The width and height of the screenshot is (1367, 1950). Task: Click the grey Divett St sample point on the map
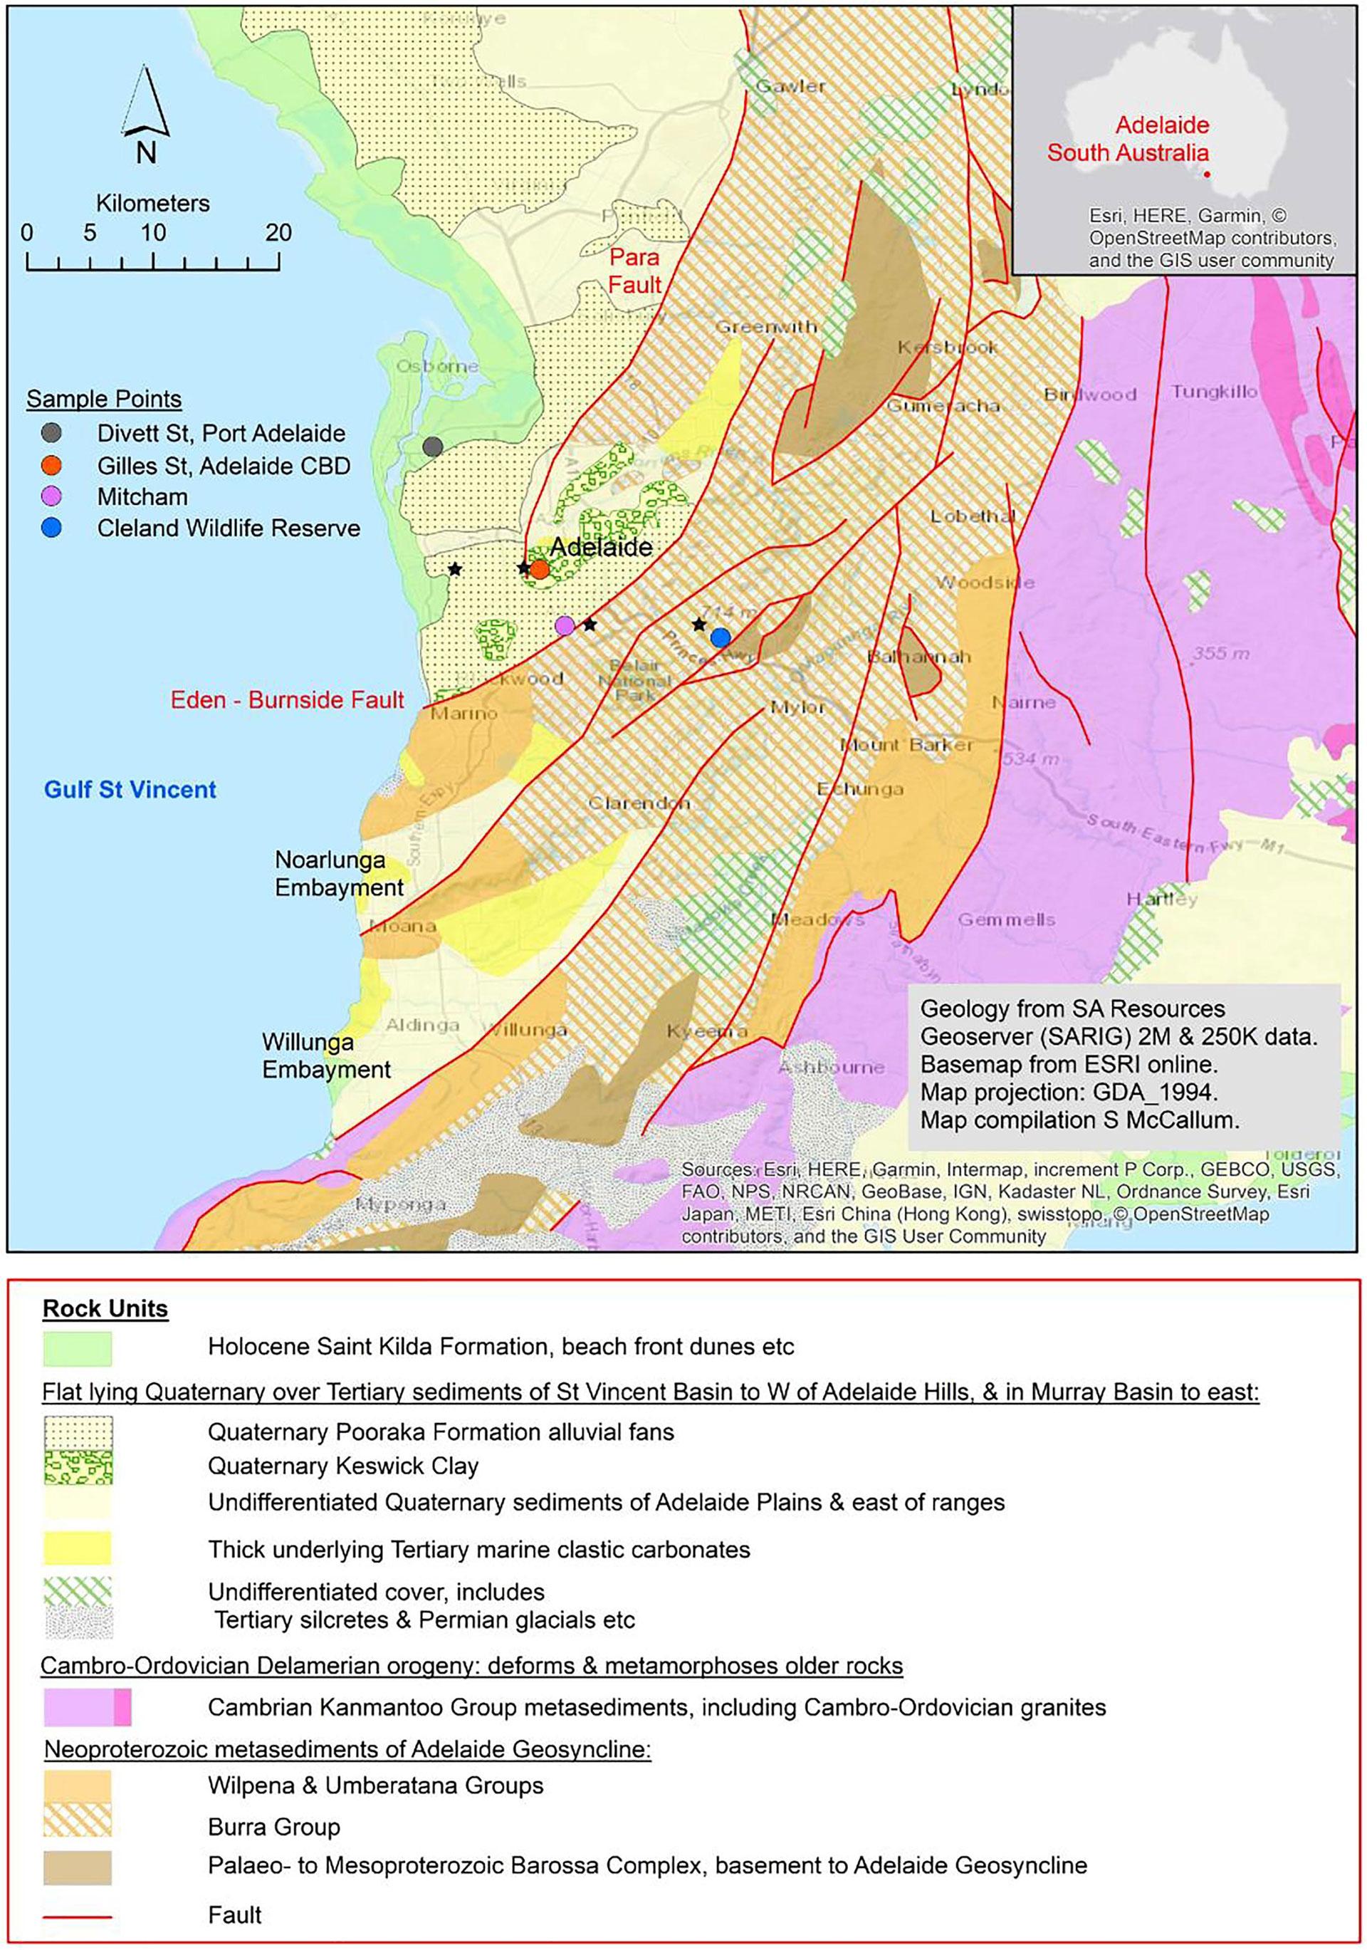click(x=433, y=447)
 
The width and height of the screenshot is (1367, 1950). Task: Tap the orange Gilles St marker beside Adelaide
click(x=539, y=569)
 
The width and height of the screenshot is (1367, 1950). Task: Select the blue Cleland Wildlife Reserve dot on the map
click(x=720, y=637)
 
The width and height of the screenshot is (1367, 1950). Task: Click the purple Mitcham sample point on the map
click(x=565, y=626)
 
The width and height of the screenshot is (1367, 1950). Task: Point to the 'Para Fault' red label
click(x=634, y=270)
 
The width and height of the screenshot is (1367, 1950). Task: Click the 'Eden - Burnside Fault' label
click(x=288, y=700)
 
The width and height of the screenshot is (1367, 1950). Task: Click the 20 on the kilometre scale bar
click(x=278, y=232)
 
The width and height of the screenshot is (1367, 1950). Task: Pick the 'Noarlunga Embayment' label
click(x=339, y=874)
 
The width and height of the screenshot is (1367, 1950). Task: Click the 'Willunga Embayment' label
click(x=326, y=1055)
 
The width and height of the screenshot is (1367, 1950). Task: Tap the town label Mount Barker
click(x=907, y=745)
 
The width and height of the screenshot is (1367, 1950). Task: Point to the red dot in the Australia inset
click(x=1208, y=176)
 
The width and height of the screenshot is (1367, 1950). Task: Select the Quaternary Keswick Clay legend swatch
click(x=78, y=1466)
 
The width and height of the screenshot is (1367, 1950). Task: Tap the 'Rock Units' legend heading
click(x=105, y=1309)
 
